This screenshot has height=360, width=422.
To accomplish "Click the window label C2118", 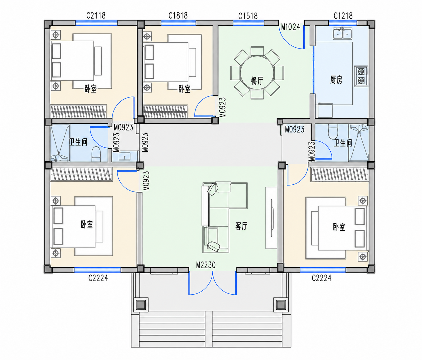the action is pos(96,16).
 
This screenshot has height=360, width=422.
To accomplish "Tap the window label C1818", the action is pos(178,16).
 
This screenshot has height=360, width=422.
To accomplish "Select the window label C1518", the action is pos(248,16).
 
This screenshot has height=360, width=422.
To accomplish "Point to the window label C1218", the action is pos(343,16).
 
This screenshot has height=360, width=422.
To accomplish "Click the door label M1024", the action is pos(291,27).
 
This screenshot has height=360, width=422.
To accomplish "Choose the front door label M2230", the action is pos(206,265).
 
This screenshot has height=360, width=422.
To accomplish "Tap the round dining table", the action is pos(257,73).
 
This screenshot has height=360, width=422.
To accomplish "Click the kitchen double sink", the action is pos(342,33).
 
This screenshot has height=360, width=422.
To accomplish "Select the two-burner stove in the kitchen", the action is pos(361,76).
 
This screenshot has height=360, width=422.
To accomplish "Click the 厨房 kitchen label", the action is pos(336,80).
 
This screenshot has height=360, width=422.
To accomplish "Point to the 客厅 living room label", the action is pos(241,226).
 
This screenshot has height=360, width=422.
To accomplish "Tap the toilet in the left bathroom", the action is pos(96,154).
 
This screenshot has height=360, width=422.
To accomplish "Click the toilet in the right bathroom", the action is pos(333,132).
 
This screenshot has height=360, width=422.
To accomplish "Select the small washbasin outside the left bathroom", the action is pos(125,156).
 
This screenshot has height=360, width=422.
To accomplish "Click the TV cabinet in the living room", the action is pos(271,218).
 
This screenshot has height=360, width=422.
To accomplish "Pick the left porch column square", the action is pos(141,305).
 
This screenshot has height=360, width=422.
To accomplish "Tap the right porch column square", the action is pos(281,305).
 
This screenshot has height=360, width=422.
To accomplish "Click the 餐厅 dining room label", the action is pos(257,81).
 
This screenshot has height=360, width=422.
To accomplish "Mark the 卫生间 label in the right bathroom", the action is pos(343,143).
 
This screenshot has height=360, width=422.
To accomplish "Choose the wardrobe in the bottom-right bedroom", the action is pos(340,174).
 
